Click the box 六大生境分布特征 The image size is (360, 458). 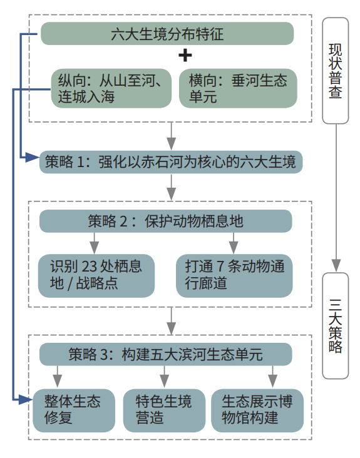pyautogui.click(x=167, y=34)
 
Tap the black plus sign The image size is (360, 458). pyautogui.click(x=185, y=55)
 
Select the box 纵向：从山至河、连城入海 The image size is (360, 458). pyautogui.click(x=111, y=88)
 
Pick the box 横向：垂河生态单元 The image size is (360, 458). pyautogui.click(x=238, y=88)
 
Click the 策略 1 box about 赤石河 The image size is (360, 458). pyautogui.click(x=171, y=162)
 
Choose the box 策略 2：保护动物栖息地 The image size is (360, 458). pyautogui.click(x=166, y=221)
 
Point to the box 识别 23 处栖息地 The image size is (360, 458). pyautogui.click(x=96, y=276)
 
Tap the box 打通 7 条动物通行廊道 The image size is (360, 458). pyautogui.click(x=234, y=276)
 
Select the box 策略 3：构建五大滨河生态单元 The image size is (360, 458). pyautogui.click(x=166, y=354)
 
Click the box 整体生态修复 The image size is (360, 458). pyautogui.click(x=74, y=410)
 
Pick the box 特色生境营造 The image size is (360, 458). pyautogui.click(x=164, y=410)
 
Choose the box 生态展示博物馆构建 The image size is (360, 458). pyautogui.click(x=257, y=410)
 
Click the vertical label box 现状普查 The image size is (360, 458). pyautogui.click(x=336, y=71)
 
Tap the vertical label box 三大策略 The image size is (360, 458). pyautogui.click(x=336, y=326)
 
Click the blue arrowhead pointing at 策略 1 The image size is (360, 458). pyautogui.click(x=32, y=158)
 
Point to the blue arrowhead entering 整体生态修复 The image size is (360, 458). pyautogui.click(x=26, y=399)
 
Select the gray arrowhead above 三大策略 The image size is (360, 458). pyautogui.click(x=336, y=265)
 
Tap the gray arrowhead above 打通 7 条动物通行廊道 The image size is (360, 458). pyautogui.click(x=233, y=247)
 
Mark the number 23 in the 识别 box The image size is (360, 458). pyautogui.click(x=89, y=267)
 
